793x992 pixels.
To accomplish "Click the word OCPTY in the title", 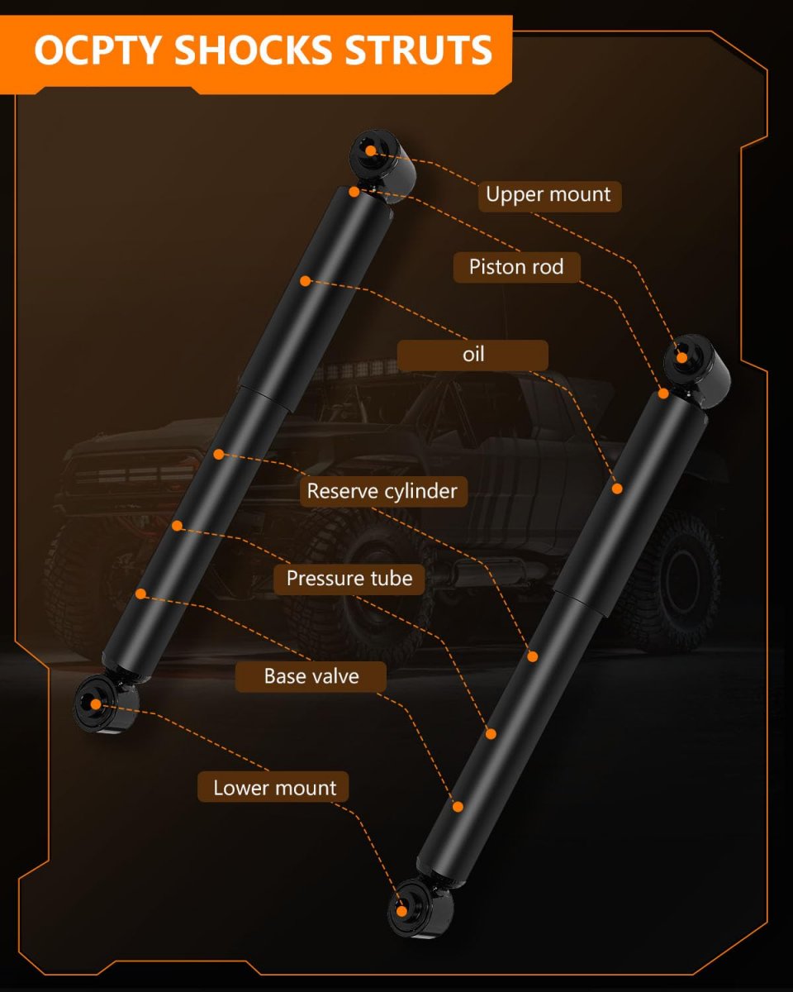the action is [97, 50].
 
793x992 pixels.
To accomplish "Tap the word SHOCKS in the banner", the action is [253, 50].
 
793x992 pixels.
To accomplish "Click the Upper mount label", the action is [549, 196].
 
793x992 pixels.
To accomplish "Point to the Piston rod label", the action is [516, 267].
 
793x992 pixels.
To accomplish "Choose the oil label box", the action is [472, 355].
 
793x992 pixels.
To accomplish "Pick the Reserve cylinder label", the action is [383, 491].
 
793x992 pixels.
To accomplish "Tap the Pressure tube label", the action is [349, 579].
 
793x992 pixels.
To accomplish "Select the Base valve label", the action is [311, 677].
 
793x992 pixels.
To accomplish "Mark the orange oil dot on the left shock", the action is [305, 281].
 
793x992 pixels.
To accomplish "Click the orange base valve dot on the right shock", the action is [458, 807].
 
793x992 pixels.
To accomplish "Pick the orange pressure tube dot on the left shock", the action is [178, 526].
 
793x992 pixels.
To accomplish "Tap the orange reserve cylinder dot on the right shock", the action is [533, 656].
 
